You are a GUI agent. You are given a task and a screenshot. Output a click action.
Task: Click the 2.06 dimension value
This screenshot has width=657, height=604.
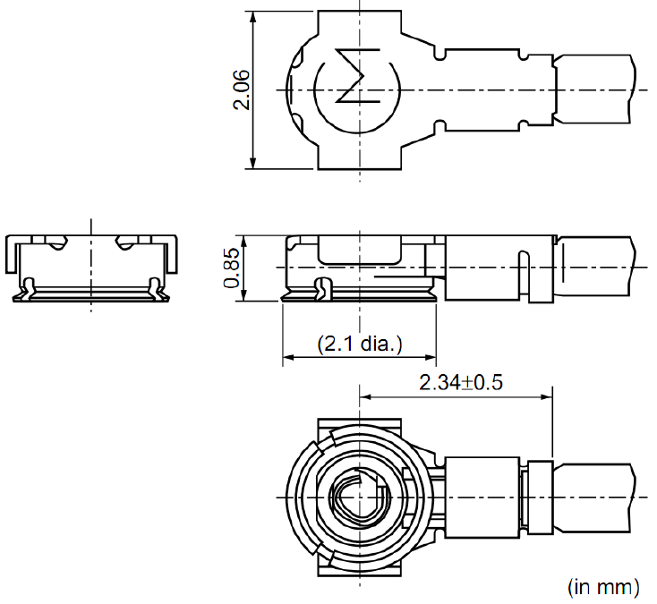(240, 89)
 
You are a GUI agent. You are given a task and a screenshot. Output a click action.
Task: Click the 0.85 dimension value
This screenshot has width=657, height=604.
(231, 268)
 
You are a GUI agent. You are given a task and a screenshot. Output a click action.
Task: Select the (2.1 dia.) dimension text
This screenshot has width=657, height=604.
(360, 344)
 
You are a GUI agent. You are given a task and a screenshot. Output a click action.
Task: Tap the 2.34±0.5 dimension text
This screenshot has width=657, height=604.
(461, 382)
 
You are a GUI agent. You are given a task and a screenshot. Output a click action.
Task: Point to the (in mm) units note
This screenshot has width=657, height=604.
(602, 587)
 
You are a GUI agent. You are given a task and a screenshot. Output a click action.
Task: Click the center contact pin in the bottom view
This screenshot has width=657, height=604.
(360, 498)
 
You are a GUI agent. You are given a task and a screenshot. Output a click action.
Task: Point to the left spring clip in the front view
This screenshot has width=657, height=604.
(31, 288)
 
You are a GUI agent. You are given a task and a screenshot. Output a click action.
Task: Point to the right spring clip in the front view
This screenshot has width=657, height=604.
(159, 288)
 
